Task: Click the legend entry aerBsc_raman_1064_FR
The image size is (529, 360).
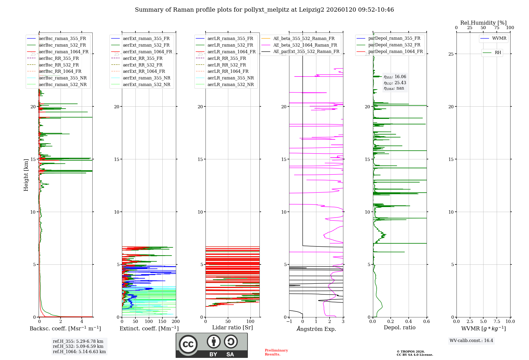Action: (63, 52)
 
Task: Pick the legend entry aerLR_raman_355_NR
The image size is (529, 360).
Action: (230, 78)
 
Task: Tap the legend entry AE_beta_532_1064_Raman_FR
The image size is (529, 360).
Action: (305, 45)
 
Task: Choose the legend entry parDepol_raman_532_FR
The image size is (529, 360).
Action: (394, 45)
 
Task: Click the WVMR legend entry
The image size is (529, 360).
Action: (499, 38)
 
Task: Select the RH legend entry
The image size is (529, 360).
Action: (498, 53)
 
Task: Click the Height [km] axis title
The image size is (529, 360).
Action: (26, 175)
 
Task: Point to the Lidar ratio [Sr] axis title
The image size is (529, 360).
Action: (232, 327)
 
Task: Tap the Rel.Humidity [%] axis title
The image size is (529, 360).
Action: (483, 23)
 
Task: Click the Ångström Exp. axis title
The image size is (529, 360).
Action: (316, 329)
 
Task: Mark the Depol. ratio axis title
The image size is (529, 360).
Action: (399, 327)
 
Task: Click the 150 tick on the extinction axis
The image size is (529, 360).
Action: (162, 321)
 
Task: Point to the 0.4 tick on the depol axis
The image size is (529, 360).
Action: (409, 321)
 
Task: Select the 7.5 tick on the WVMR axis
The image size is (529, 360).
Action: (496, 321)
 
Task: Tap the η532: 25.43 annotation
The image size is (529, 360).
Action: (395, 83)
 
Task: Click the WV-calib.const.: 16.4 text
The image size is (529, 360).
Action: (471, 340)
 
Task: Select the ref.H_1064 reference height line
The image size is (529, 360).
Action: (79, 352)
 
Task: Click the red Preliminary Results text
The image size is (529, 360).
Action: (276, 352)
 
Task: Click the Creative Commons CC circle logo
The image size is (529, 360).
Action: (188, 344)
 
